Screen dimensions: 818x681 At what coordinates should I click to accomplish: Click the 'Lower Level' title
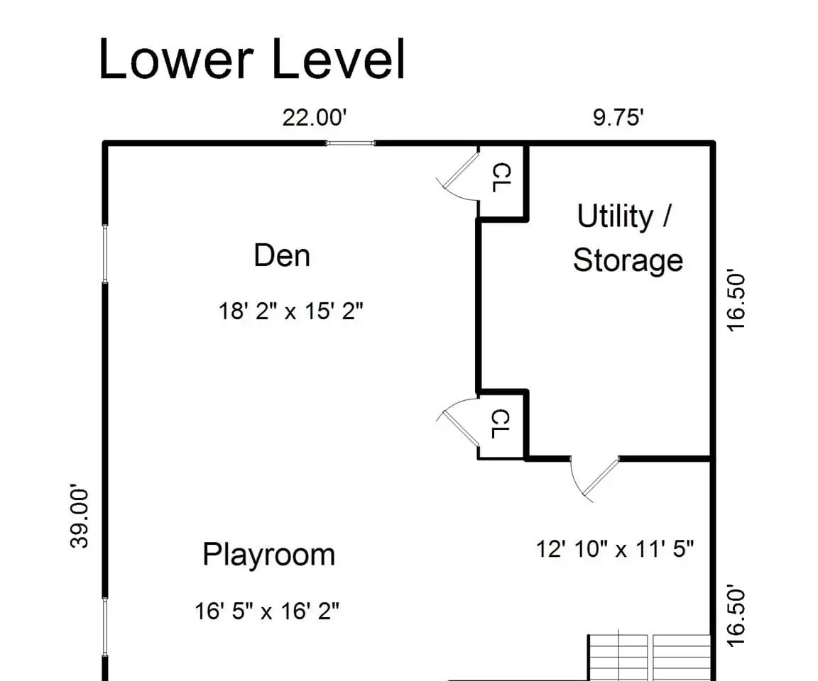pyautogui.click(x=251, y=58)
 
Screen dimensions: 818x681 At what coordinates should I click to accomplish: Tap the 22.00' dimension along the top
pyautogui.click(x=315, y=117)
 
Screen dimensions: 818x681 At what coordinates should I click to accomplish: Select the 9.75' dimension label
pyautogui.click(x=618, y=117)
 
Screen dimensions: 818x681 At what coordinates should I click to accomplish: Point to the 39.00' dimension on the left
pyautogui.click(x=80, y=516)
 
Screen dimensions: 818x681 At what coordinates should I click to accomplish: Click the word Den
pyautogui.click(x=282, y=255)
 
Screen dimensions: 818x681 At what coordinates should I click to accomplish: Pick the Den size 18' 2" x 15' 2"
pyautogui.click(x=290, y=311)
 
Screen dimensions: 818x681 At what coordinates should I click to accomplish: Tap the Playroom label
pyautogui.click(x=268, y=555)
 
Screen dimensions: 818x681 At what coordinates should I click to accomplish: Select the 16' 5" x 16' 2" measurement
pyautogui.click(x=267, y=611)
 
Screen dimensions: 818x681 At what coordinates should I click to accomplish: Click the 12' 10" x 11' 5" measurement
pyautogui.click(x=615, y=548)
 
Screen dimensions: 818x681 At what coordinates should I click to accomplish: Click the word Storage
pyautogui.click(x=628, y=260)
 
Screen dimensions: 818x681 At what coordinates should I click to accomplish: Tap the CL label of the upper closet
pyautogui.click(x=501, y=177)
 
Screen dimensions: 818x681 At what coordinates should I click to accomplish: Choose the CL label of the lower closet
pyautogui.click(x=501, y=423)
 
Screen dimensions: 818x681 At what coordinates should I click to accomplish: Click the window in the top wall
pyautogui.click(x=351, y=143)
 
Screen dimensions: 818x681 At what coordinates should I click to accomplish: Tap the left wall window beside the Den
pyautogui.click(x=105, y=254)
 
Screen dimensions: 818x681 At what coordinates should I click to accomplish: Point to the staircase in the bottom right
pyautogui.click(x=650, y=656)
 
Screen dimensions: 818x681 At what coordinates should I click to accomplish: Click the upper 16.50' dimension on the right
pyautogui.click(x=736, y=300)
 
